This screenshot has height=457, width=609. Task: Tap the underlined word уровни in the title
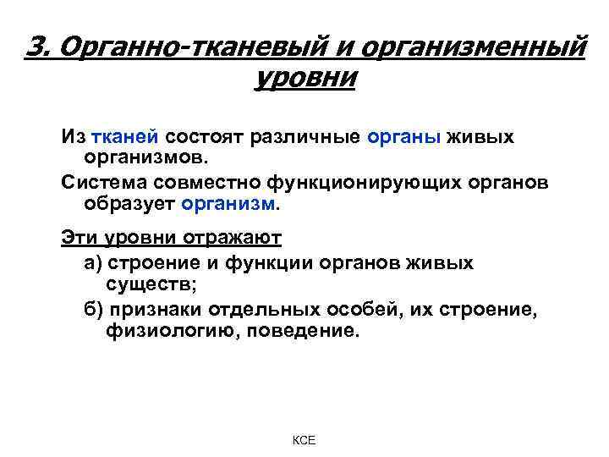pyautogui.click(x=304, y=82)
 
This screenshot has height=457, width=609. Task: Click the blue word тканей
pyautogui.click(x=129, y=136)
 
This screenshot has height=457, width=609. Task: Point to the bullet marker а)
pyautogui.click(x=92, y=262)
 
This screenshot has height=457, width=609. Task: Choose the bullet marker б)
pyautogui.click(x=92, y=308)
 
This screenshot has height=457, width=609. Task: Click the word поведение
pyautogui.click(x=305, y=330)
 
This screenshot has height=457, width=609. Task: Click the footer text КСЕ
pyautogui.click(x=304, y=441)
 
